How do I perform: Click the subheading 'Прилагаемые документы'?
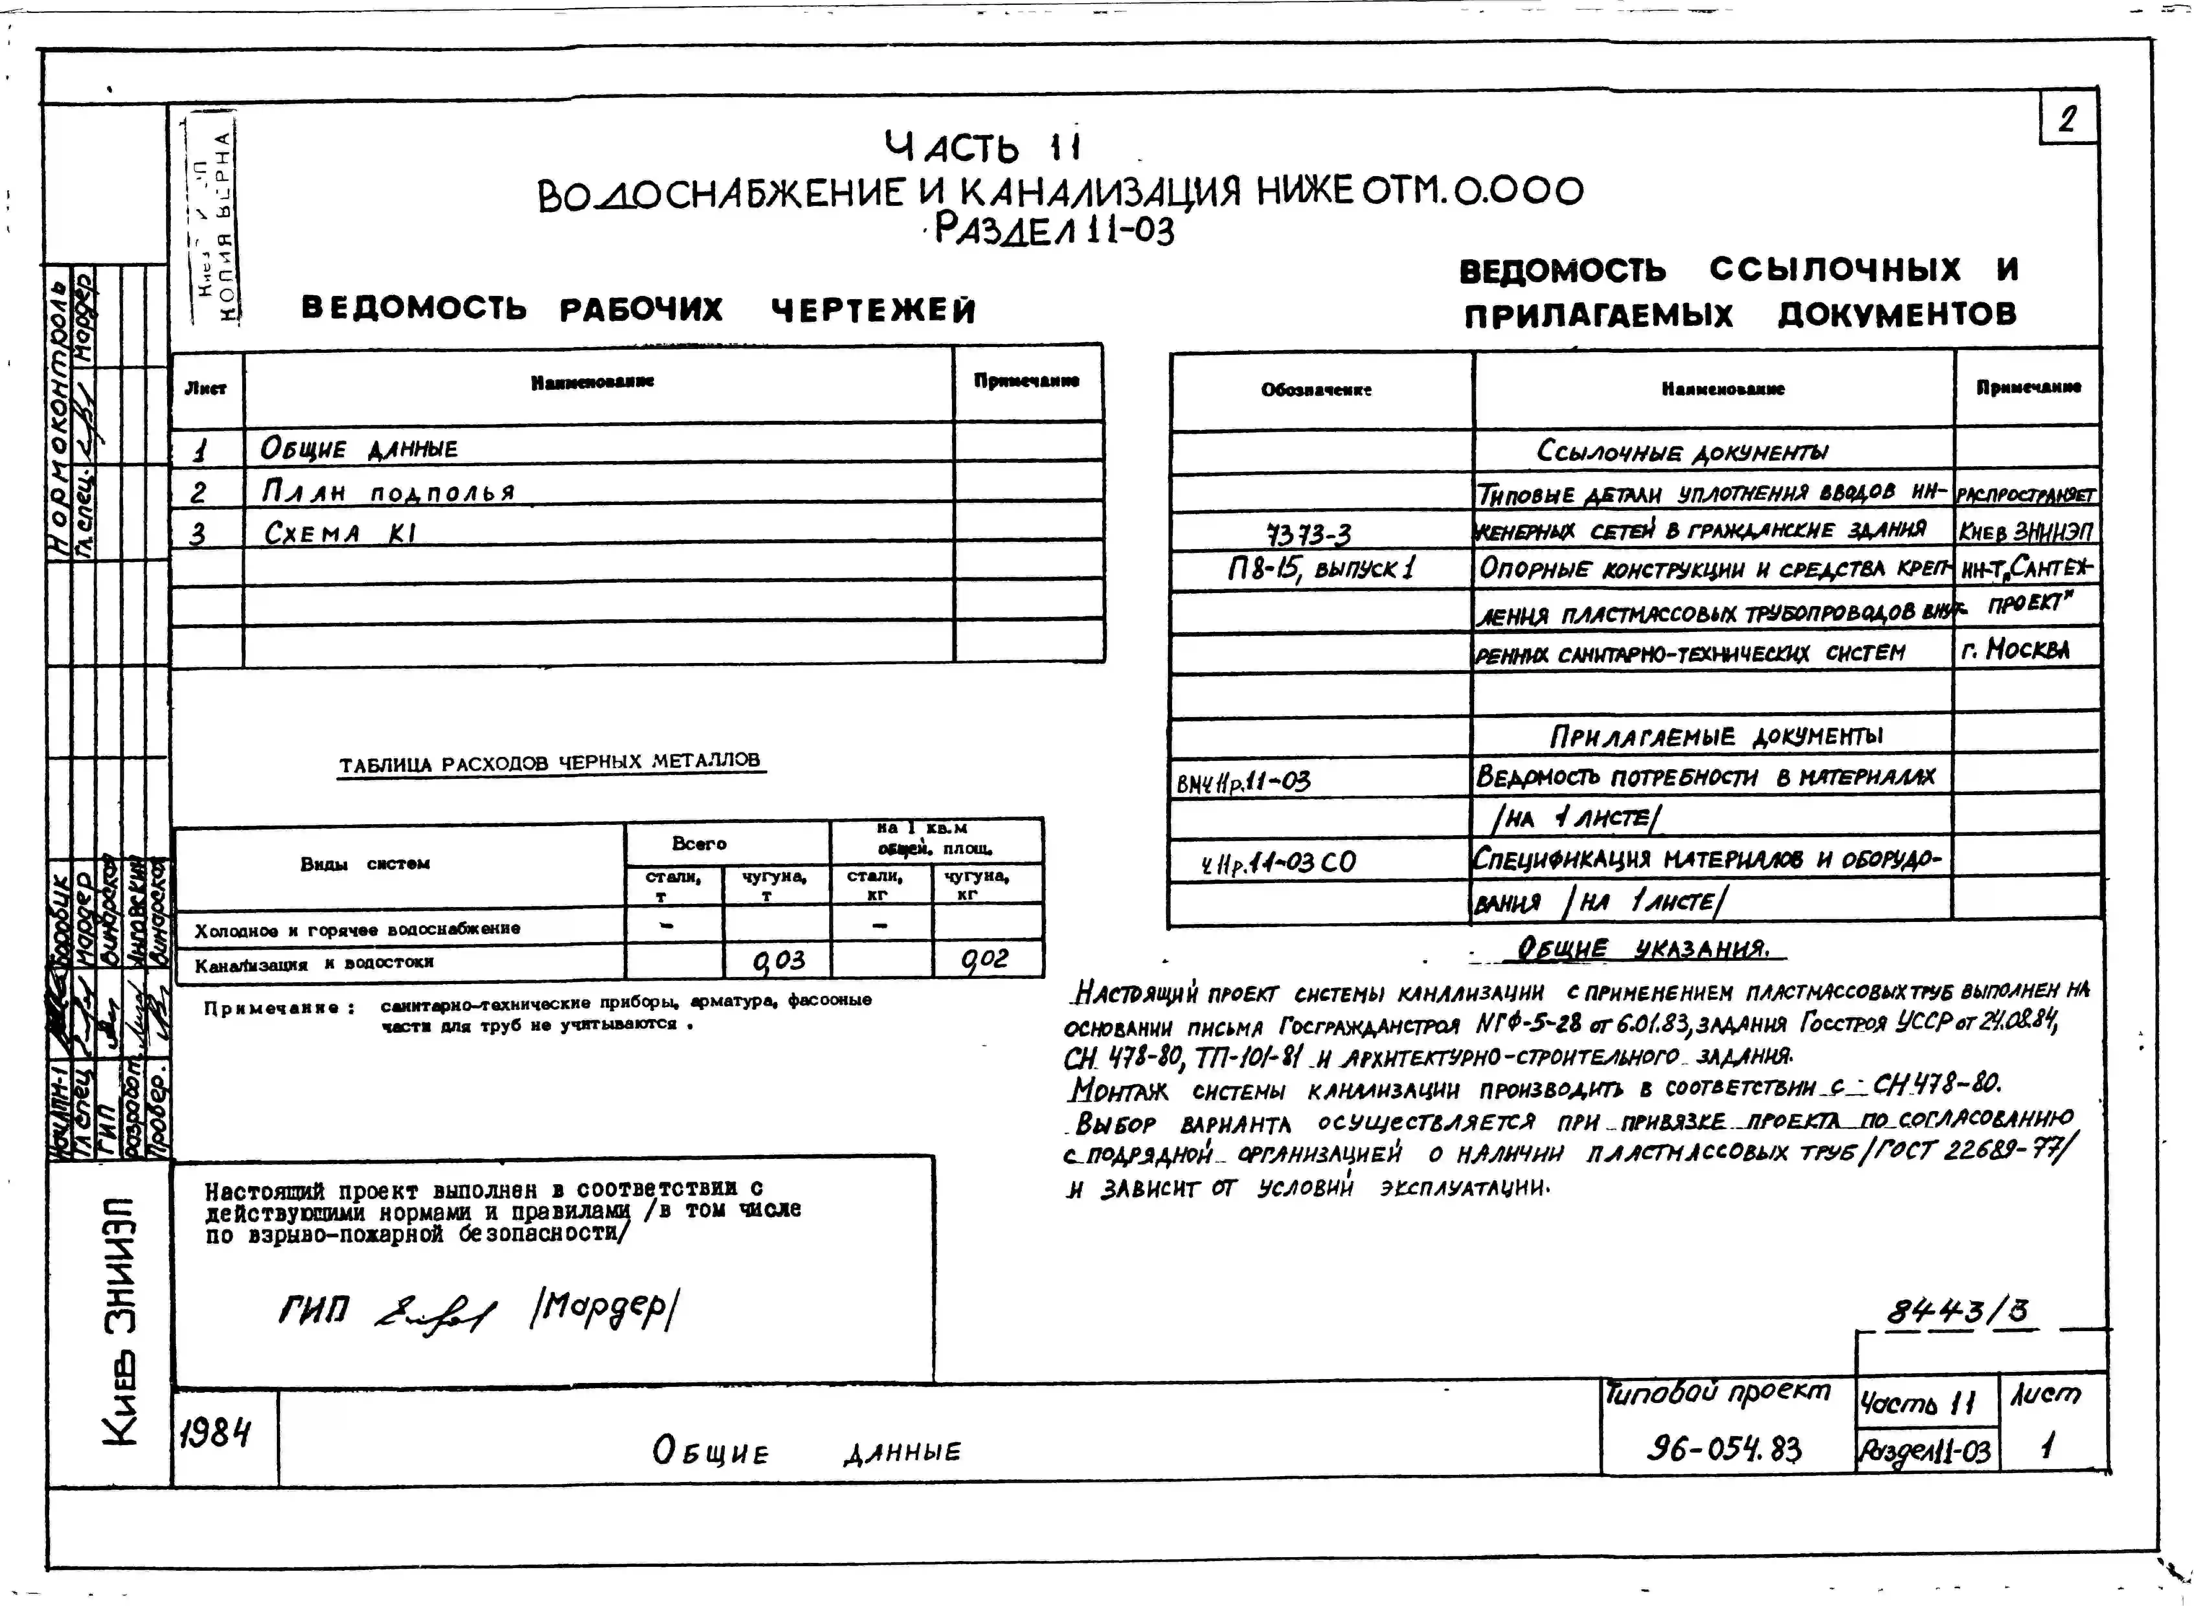point(1716,736)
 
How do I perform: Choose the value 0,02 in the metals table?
point(985,960)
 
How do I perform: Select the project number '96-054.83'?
point(1724,1450)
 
